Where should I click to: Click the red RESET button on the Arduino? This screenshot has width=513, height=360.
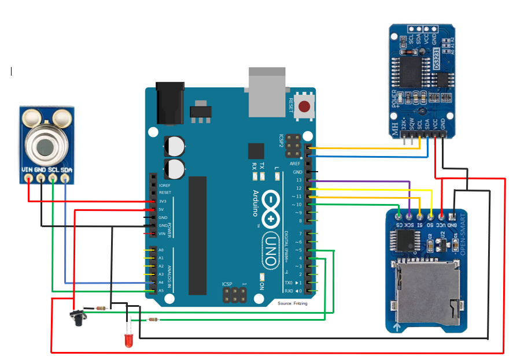click(x=304, y=106)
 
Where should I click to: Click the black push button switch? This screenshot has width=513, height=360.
click(x=77, y=316)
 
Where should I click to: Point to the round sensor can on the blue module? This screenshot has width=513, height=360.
click(x=46, y=144)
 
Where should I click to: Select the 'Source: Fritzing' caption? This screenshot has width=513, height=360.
click(x=292, y=303)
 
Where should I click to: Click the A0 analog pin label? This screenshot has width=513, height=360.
click(x=161, y=250)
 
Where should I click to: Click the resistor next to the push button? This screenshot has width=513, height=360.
click(x=102, y=308)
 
